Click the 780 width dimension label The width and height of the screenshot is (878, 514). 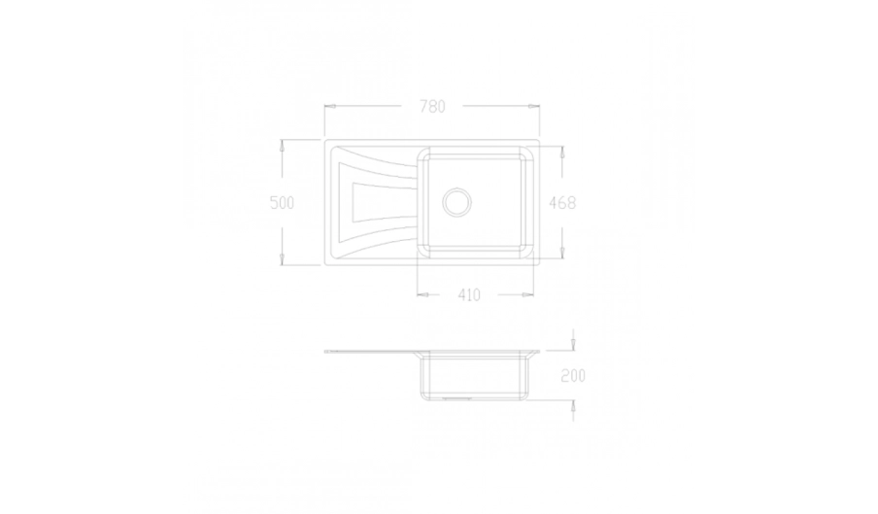pos(432,106)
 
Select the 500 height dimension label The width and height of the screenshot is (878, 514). pos(282,202)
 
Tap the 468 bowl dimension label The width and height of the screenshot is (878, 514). pos(562,202)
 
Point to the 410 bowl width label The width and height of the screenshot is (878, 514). pos(469,295)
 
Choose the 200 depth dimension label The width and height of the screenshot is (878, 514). pos(573,376)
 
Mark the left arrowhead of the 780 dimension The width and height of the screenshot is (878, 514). pos(330,106)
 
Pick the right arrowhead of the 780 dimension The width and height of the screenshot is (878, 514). pos(533,106)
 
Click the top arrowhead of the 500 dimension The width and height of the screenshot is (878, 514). pos(282,146)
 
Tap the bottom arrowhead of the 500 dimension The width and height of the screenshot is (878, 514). pos(282,258)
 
